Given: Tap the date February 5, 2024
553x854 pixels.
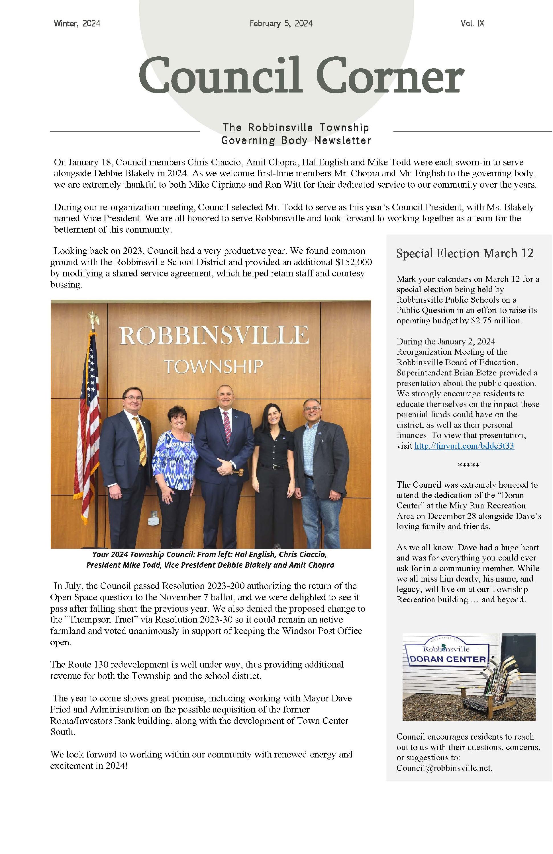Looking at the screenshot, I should coord(281,24).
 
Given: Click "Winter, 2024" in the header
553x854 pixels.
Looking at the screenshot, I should coord(77,24).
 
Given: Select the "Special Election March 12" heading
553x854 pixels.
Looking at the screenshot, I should coord(465,253).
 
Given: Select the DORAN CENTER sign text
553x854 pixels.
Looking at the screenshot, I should coord(447,659).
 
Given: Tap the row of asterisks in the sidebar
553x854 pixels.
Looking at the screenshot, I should coord(468,465).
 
